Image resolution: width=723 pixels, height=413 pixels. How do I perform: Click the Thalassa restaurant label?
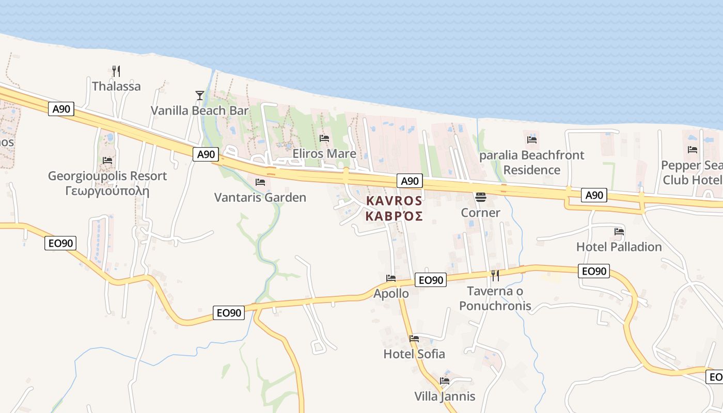(116, 86)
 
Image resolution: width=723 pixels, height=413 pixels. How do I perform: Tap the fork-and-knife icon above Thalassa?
(116, 70)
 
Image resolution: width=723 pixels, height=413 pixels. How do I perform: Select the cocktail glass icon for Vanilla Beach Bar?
(200, 95)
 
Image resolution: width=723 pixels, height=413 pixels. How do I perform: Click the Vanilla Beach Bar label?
(199, 110)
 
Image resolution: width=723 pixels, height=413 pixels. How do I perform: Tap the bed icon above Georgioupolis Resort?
(107, 161)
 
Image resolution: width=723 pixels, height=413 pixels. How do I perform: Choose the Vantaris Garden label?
(260, 198)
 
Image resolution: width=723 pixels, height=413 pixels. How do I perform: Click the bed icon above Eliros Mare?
(324, 138)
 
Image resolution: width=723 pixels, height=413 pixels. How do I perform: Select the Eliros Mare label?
(324, 154)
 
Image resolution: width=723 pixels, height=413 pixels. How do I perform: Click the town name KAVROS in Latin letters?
(394, 201)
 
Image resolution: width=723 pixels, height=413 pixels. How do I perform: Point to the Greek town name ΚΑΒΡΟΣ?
(394, 216)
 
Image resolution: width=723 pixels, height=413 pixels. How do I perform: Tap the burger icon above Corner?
(481, 197)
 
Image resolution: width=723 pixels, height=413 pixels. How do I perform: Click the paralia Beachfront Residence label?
(532, 163)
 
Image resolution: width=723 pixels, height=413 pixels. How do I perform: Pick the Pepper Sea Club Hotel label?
(692, 172)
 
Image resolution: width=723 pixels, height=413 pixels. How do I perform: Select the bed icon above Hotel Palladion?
(619, 232)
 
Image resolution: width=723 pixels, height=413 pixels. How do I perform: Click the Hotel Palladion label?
(619, 247)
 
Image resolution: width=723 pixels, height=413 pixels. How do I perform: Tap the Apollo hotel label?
(391, 294)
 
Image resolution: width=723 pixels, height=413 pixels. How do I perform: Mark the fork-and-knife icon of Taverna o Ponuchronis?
(495, 275)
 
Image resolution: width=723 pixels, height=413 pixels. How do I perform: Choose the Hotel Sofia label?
(414, 354)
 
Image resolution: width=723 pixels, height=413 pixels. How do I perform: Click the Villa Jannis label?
(445, 396)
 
